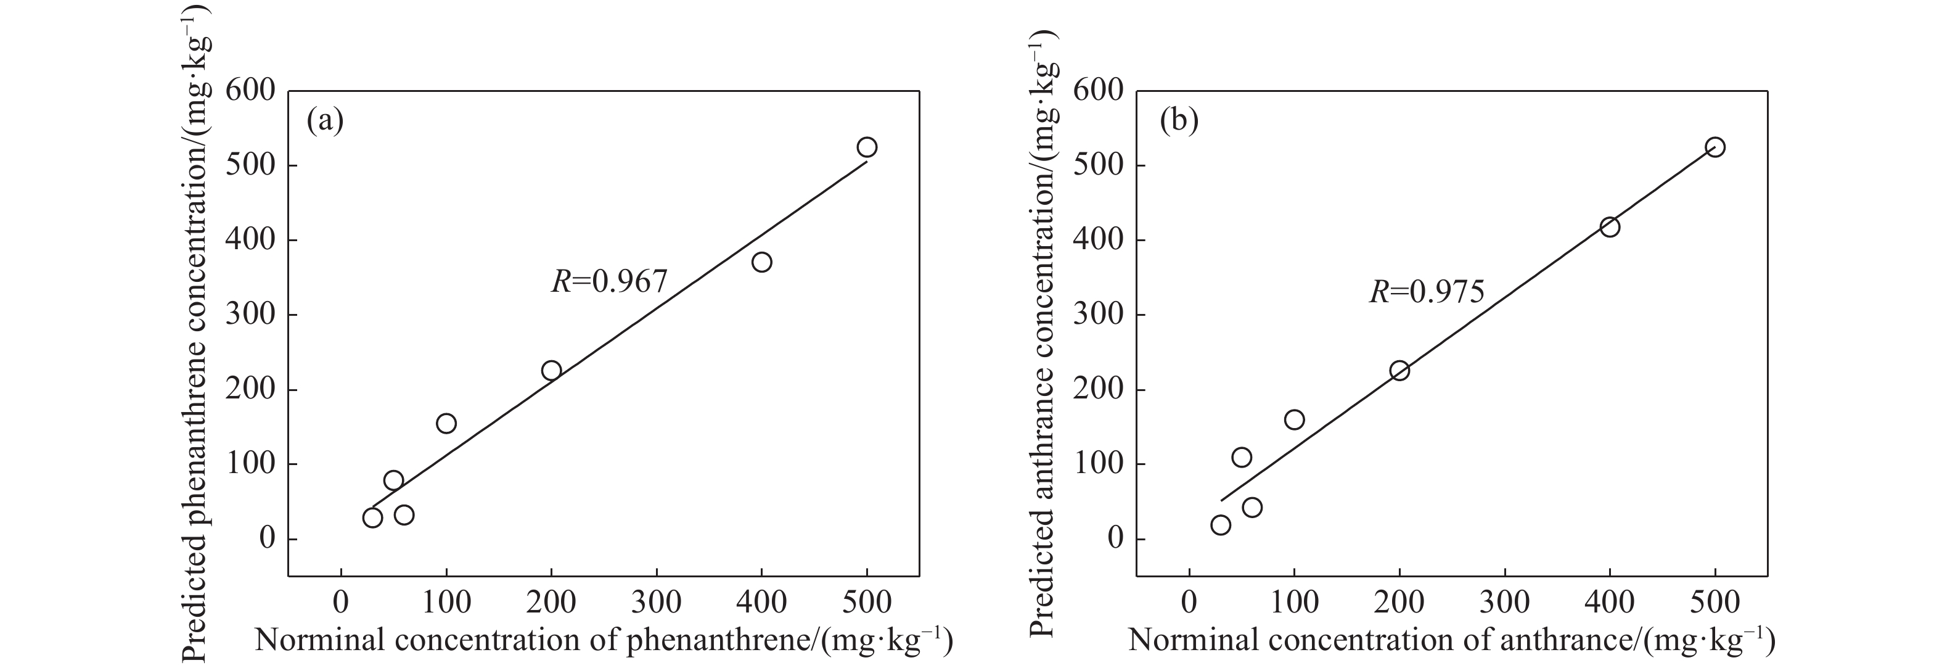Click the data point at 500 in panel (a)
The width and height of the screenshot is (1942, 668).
tap(866, 147)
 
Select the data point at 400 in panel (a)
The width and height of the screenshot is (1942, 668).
tap(761, 262)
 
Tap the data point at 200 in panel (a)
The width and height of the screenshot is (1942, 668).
tap(551, 370)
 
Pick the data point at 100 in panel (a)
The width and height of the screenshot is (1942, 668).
tap(446, 423)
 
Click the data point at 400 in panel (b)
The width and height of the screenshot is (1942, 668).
tap(1610, 227)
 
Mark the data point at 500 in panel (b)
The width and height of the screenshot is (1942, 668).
tap(1715, 147)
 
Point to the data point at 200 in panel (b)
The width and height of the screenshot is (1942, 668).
tap(1399, 370)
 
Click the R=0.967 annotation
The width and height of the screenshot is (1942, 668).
tap(609, 282)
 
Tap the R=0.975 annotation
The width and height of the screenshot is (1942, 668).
tap(1427, 292)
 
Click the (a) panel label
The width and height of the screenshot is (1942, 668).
tap(325, 122)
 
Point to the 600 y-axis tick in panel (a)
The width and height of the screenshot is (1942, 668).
tap(250, 91)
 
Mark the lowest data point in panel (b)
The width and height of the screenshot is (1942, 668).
tap(1221, 525)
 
